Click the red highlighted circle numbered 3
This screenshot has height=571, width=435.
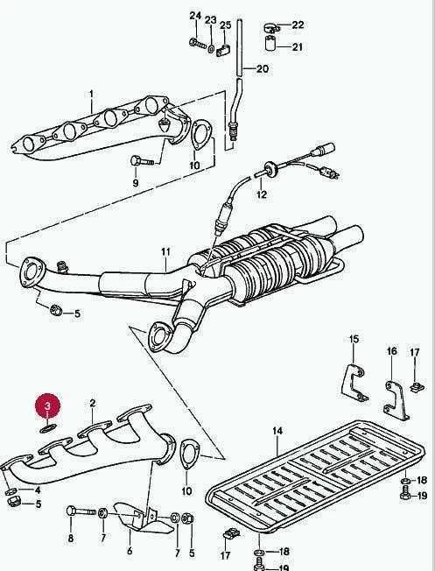47,405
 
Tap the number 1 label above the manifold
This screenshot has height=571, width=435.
91,95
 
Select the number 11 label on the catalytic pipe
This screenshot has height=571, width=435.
165,251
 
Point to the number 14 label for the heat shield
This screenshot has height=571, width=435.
277,431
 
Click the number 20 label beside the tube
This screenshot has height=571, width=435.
262,68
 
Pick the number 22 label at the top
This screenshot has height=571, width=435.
298,25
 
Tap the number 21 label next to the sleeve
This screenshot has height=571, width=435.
297,47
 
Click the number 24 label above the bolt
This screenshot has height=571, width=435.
195,15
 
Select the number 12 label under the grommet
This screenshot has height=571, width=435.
262,194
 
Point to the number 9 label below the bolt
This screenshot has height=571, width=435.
136,182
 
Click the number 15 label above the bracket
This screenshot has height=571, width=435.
354,339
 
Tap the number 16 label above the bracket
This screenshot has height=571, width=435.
391,351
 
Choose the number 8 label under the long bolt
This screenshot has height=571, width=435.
71,538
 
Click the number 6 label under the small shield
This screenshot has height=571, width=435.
130,551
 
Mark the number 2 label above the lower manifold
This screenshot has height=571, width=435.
93,403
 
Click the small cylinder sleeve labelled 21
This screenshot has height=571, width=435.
270,44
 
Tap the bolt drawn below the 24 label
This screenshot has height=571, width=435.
198,43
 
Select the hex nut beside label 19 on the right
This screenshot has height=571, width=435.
405,496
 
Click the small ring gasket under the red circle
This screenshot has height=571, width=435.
47,427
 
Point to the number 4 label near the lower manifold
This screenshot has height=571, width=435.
38,490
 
